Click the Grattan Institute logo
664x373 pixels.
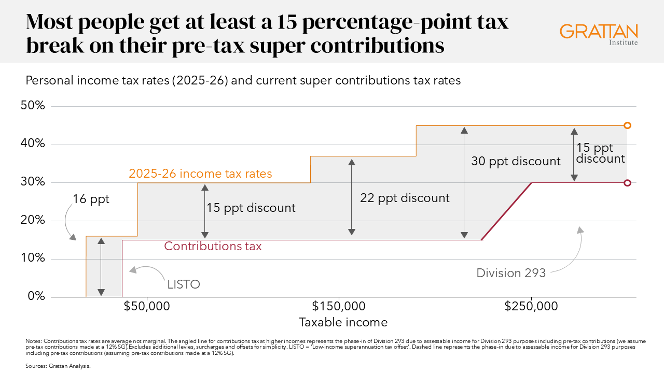(x=599, y=34)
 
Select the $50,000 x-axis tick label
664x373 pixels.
(x=147, y=306)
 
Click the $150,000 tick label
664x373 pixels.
(x=339, y=306)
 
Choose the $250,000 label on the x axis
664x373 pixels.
(x=531, y=306)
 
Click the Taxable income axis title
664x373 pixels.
(x=343, y=322)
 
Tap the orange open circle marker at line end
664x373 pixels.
(x=627, y=125)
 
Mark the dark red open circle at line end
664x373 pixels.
(x=627, y=183)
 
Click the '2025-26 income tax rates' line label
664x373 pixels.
(x=200, y=174)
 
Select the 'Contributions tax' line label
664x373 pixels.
(x=213, y=247)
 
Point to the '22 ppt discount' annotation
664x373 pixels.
(x=405, y=198)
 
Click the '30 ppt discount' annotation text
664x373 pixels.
(x=516, y=161)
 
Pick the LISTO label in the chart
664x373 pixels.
(x=183, y=284)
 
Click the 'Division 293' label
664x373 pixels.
(x=511, y=273)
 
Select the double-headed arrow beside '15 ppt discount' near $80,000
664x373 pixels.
(x=205, y=211)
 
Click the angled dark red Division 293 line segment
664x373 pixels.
(x=507, y=211)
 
